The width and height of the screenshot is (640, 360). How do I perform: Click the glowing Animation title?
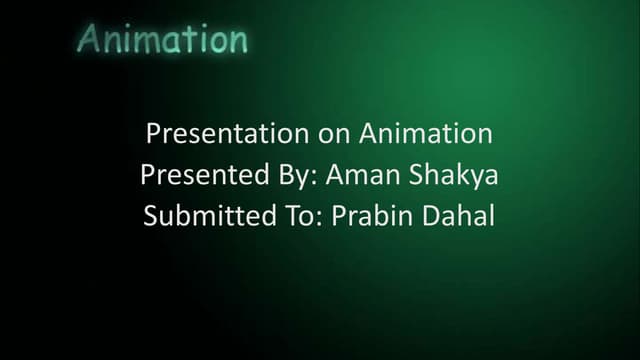click(162, 39)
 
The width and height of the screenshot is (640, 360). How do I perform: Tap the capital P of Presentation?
click(153, 134)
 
